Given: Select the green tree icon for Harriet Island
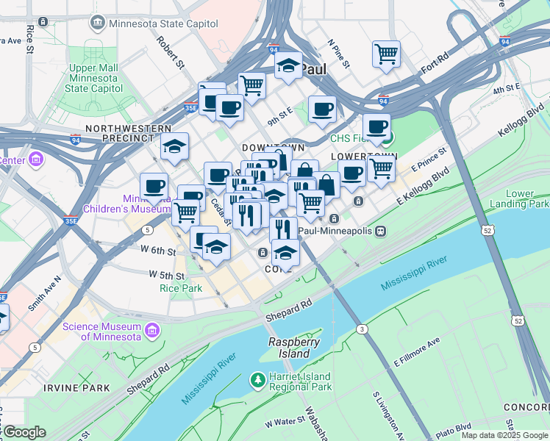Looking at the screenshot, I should coord(257,379).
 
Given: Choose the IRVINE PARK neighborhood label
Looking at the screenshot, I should coord(76,387).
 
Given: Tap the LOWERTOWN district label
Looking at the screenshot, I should coord(363,157).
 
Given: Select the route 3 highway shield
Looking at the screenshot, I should coord(362,329).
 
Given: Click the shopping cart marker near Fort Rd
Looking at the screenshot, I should coord(386,54).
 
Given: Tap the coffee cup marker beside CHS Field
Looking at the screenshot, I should coord(376,126).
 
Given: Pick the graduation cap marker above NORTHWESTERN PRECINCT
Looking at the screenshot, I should coord(174,146).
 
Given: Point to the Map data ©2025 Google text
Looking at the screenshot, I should coord(504,435).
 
